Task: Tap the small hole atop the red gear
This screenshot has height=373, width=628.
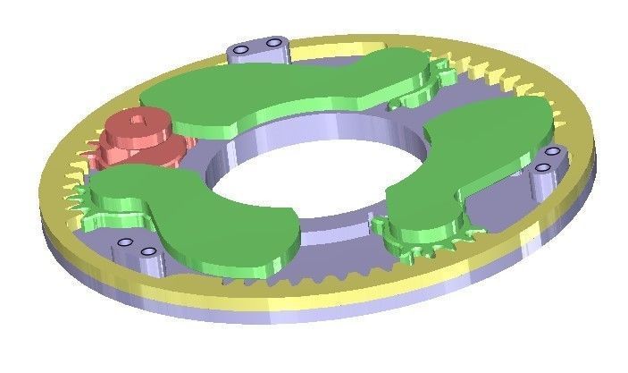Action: click(135, 116)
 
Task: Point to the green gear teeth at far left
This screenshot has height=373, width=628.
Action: click(83, 195)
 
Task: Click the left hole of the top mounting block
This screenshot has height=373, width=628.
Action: click(244, 47)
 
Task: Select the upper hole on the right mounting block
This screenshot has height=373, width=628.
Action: click(553, 154)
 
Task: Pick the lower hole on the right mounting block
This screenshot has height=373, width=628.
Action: click(541, 166)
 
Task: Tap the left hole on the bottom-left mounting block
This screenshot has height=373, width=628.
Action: click(126, 242)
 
